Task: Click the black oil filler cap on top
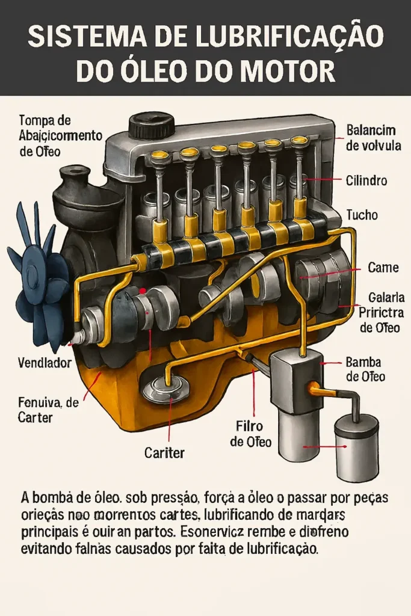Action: click(152, 125)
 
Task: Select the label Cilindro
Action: click(366, 180)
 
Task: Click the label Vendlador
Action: click(45, 363)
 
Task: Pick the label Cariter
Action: click(165, 453)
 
